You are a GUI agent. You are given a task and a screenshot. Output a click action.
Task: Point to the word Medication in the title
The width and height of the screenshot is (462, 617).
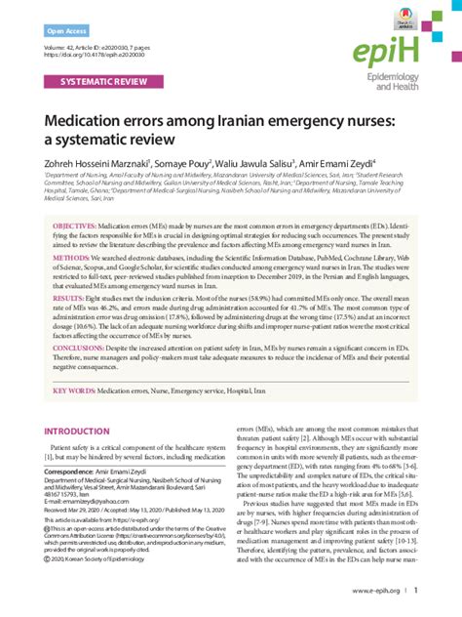pyautogui.click(x=96, y=122)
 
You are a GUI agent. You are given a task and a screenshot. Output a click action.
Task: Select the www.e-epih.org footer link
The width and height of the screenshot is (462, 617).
pyautogui.click(x=379, y=591)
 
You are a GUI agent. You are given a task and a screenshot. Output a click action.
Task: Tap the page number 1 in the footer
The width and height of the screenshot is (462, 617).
pyautogui.click(x=417, y=591)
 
